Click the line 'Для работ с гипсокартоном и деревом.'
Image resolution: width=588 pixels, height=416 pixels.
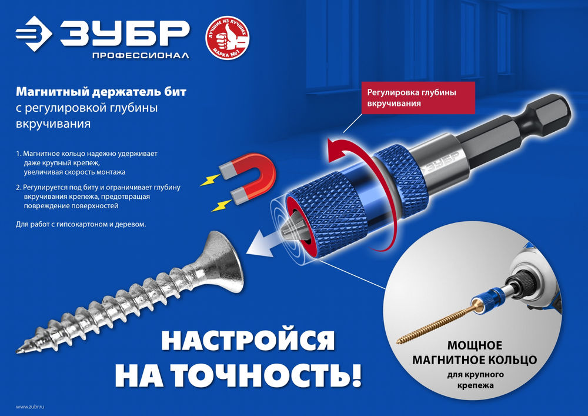point(81,225)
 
